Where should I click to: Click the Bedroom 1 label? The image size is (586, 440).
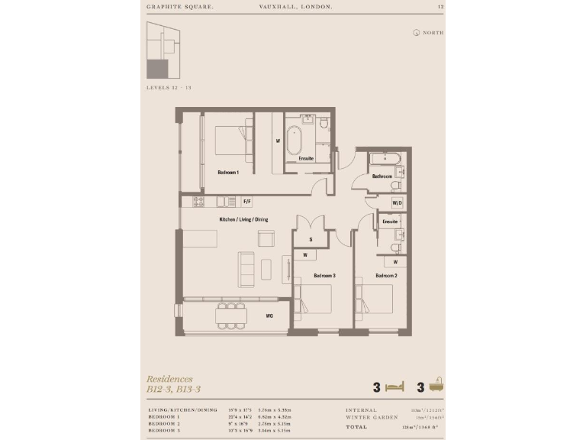(228, 173)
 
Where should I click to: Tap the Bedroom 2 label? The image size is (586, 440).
(386, 275)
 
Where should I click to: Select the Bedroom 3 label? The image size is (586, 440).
(325, 275)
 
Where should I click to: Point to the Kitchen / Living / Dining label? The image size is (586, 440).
(243, 220)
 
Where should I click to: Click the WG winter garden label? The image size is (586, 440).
(269, 315)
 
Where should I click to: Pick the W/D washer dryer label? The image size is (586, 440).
(397, 203)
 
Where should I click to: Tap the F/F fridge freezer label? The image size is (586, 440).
(246, 202)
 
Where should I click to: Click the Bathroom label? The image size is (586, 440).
(382, 176)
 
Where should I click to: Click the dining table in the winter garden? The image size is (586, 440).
(231, 314)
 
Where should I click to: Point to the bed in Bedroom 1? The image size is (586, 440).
(228, 141)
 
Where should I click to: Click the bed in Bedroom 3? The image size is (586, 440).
(314, 299)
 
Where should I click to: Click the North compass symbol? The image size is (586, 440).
(417, 33)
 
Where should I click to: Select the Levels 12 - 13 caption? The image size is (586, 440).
(169, 88)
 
